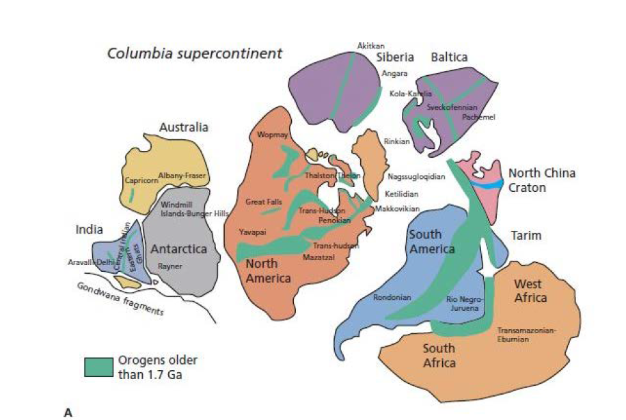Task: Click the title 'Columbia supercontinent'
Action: (x=194, y=53)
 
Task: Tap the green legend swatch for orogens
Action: (x=98, y=366)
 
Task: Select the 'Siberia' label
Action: (x=395, y=57)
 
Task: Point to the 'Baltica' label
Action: (x=449, y=57)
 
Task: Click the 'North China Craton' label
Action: (x=541, y=180)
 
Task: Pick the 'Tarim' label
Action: (x=526, y=236)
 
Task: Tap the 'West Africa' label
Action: (x=530, y=291)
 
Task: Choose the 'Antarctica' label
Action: (x=178, y=249)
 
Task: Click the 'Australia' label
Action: (x=184, y=127)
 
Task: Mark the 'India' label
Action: (x=89, y=229)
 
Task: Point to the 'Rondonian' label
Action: (x=392, y=297)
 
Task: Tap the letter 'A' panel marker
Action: (x=68, y=412)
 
